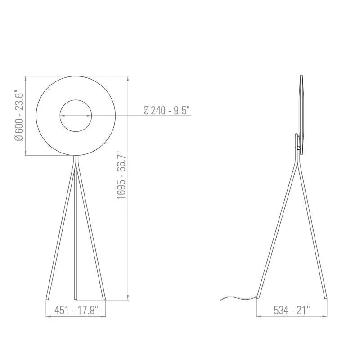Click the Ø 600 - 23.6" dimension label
18,116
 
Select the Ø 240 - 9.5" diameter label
166,110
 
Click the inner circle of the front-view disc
76,116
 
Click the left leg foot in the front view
48,297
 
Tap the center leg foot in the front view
76,297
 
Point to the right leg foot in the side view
325,297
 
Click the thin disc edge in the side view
301,115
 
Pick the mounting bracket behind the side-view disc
296,142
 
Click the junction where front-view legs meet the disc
76,157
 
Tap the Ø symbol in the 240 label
146,110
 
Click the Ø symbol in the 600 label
18,137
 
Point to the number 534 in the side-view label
281,310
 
